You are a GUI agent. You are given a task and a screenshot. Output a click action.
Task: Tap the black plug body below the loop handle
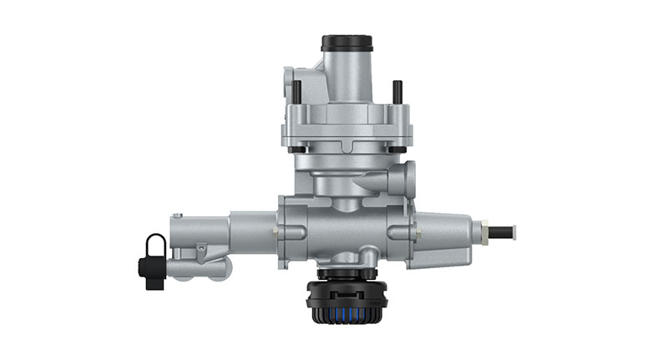[x=152, y=272]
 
